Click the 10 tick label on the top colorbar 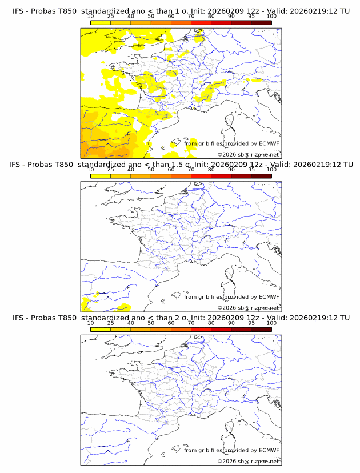90,17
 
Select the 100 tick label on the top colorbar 271,17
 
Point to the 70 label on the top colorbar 191,17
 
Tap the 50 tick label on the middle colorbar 151,170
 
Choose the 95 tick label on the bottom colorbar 251,323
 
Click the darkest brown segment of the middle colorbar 261,176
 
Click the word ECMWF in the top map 269,144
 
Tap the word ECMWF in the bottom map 269,450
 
